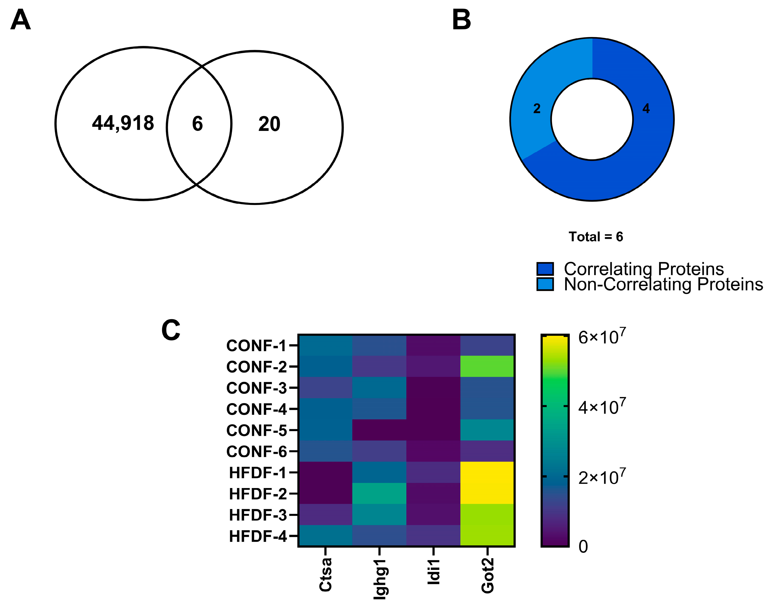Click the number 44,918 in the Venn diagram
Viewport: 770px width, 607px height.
pos(123,123)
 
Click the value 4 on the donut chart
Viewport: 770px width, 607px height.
pos(646,108)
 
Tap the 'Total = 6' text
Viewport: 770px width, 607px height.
pos(596,237)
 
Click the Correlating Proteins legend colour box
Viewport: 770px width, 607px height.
pos(545,269)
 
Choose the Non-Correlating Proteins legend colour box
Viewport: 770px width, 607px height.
pos(545,284)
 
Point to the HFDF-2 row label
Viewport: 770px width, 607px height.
pos(258,494)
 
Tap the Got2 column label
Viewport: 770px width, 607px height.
pos(488,575)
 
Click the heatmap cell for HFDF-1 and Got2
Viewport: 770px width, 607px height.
pos(487,472)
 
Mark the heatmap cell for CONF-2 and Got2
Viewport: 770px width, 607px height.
pos(487,366)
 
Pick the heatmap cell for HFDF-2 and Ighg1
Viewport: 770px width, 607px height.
pos(379,494)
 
